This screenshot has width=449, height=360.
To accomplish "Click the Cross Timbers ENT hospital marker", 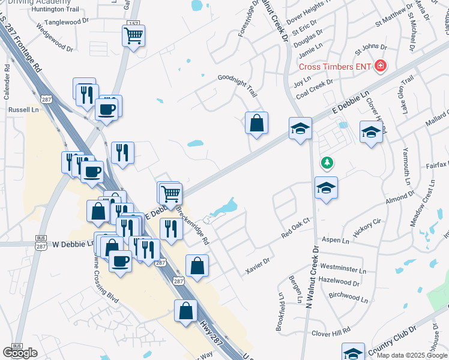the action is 379,66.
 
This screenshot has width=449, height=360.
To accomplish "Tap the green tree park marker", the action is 327,162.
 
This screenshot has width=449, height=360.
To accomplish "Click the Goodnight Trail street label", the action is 237,86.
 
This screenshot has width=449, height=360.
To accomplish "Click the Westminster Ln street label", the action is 343,267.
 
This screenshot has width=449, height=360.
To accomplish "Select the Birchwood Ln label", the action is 349,296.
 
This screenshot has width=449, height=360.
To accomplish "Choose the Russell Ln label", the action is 23,110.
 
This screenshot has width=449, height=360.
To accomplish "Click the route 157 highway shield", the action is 133,23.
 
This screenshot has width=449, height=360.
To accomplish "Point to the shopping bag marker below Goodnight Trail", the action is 256,123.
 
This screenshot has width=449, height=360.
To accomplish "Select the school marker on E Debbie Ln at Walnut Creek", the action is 300,128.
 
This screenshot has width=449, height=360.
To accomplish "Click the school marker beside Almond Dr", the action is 327,188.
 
